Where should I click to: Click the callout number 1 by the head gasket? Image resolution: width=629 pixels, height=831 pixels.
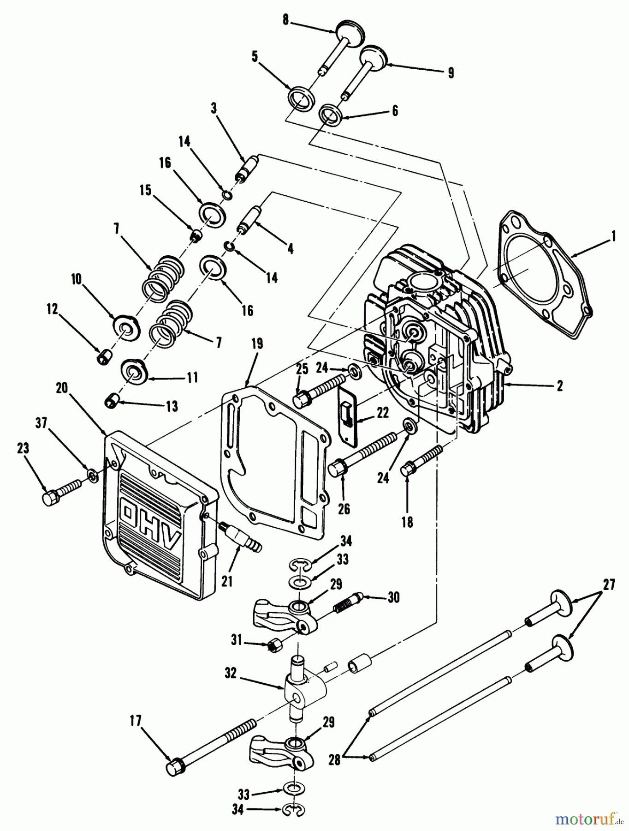tap(612, 237)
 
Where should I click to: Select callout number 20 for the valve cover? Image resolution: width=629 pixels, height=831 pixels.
tap(62, 388)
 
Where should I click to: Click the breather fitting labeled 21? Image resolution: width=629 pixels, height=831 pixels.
tap(241, 538)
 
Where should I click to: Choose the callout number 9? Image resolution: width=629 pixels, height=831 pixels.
tap(451, 72)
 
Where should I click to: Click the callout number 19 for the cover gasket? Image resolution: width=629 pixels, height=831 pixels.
tap(257, 343)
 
